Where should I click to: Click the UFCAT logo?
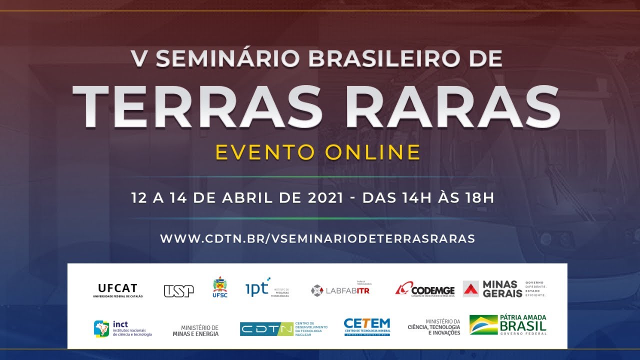tap(117, 290)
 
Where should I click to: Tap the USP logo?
tap(178, 290)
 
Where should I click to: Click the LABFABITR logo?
tap(340, 290)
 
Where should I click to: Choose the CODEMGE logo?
tap(425, 289)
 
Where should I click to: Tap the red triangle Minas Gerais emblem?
tap(470, 289)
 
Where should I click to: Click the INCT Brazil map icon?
tap(101, 328)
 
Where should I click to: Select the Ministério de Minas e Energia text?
tap(195, 330)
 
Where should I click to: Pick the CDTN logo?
tap(266, 328)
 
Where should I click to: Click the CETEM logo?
tap(366, 327)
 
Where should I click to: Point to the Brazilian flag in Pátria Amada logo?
tap(483, 325)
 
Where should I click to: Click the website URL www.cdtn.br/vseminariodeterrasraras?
tap(317, 238)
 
